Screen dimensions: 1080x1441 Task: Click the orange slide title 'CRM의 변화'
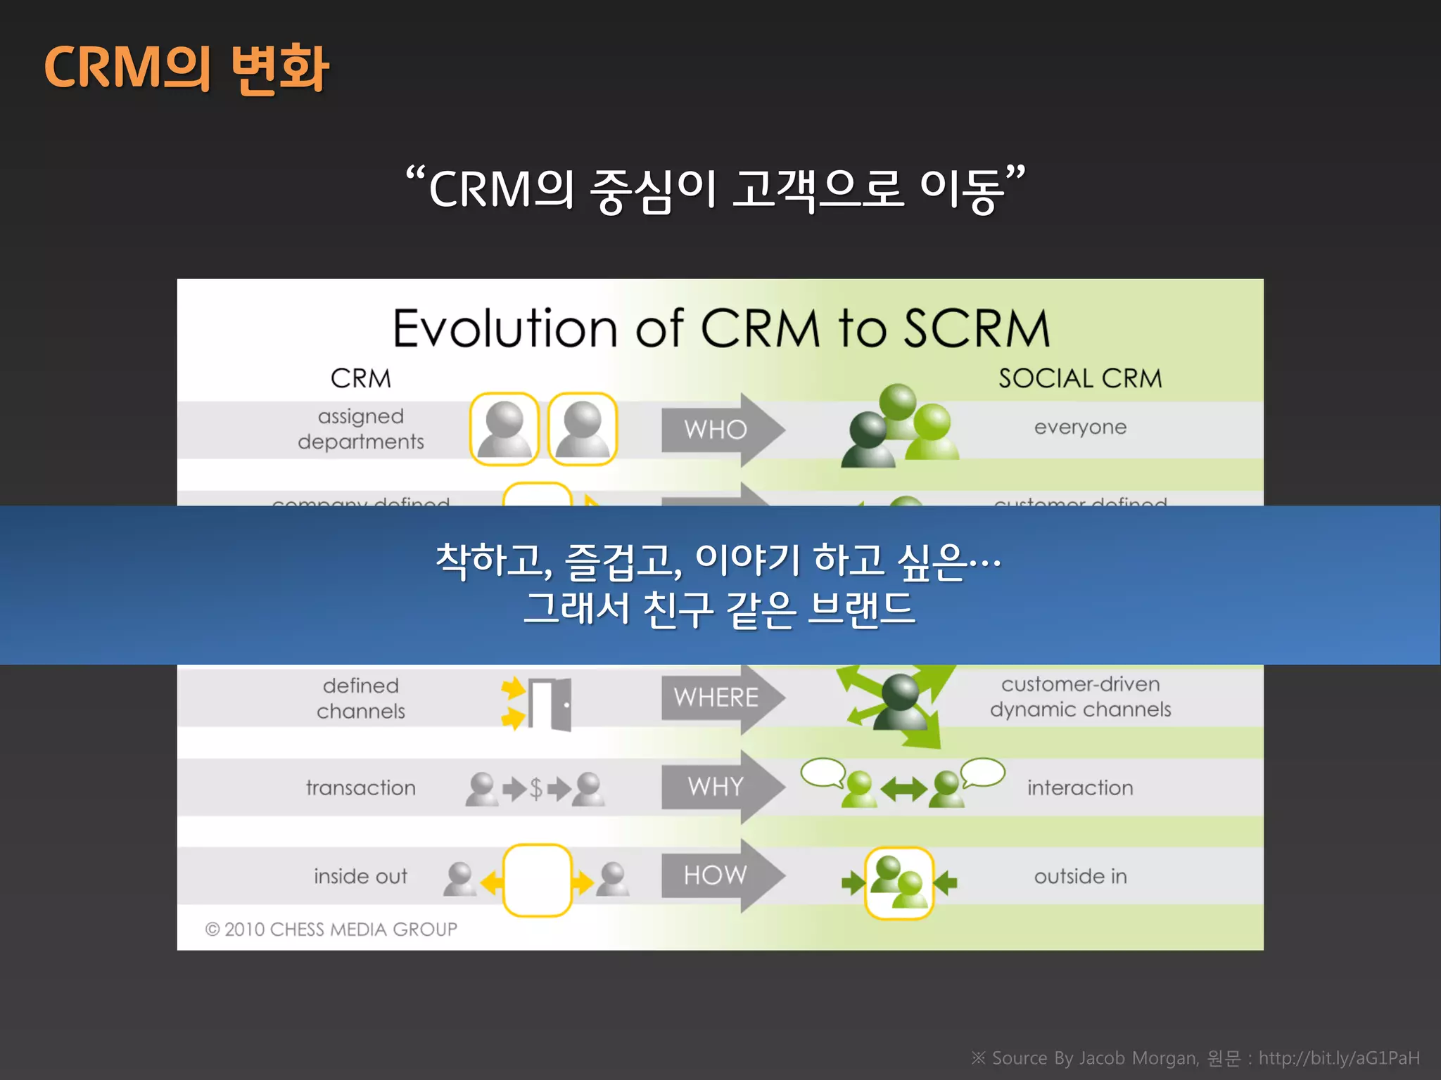tap(186, 67)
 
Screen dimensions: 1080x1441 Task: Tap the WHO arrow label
tap(715, 430)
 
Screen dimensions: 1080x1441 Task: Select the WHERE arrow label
tap(716, 697)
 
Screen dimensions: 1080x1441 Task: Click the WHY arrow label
tap(715, 786)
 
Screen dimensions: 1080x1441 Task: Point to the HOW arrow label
tap(715, 875)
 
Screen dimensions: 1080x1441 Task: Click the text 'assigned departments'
tap(360, 429)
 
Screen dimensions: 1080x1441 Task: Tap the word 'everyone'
tap(1080, 427)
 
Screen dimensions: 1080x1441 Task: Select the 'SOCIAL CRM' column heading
tap(1080, 378)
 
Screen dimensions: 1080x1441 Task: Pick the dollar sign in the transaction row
tap(536, 789)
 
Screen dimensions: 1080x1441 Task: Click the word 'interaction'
tap(1080, 788)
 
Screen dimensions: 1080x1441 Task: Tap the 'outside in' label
tap(1080, 877)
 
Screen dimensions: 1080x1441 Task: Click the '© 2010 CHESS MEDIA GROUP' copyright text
tap(331, 930)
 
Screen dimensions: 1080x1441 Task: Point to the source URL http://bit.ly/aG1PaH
tap(1338, 1058)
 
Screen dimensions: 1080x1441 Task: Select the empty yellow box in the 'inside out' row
tap(537, 880)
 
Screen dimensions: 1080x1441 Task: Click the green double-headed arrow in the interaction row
tap(903, 790)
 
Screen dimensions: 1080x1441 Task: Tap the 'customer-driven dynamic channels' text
tap(1080, 697)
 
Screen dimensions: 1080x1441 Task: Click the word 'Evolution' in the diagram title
tap(504, 328)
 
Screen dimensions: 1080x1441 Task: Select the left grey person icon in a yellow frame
tap(504, 429)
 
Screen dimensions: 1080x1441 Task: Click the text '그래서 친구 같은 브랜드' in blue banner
tap(719, 609)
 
